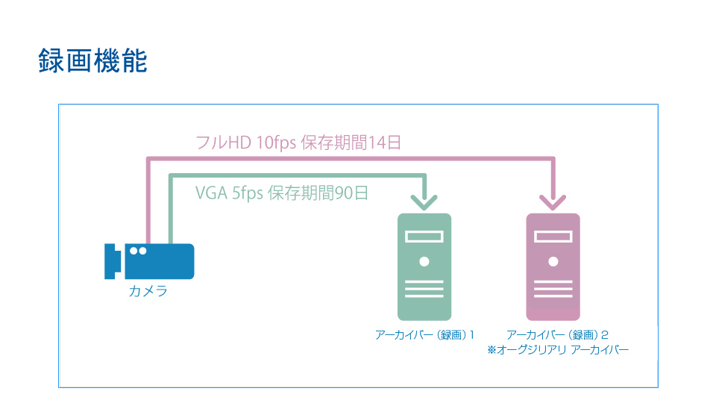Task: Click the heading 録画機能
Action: point(92,60)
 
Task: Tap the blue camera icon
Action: point(149,261)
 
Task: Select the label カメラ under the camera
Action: point(148,291)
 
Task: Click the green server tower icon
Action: point(424,267)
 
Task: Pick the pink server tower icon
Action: point(553,267)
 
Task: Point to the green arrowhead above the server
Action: point(424,201)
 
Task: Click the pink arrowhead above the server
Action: point(553,201)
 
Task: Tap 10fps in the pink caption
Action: point(276,143)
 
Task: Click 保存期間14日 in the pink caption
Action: point(351,143)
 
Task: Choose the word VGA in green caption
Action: point(211,193)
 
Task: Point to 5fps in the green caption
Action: point(248,193)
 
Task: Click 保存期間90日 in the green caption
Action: point(318,193)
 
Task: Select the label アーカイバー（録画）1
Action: point(424,335)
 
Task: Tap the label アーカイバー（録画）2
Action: point(557,335)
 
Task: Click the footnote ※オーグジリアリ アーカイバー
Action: point(558,350)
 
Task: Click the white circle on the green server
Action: point(424,261)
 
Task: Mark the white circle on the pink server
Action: point(553,261)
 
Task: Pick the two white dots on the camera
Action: point(138,251)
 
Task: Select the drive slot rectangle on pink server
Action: point(553,237)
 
